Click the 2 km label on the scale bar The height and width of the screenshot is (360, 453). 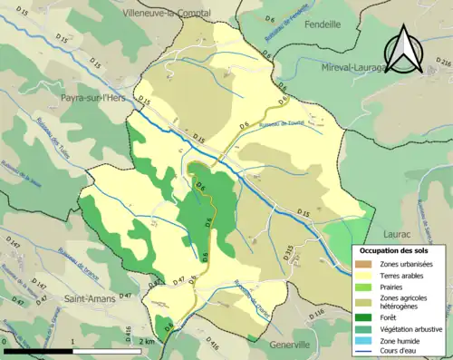click(148, 342)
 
